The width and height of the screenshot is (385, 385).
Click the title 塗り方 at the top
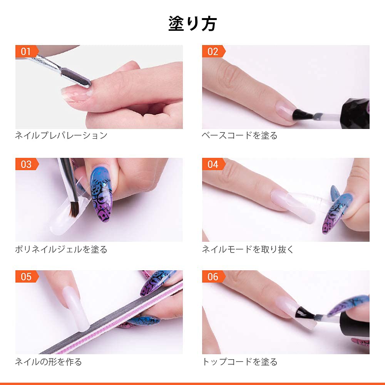[192, 24]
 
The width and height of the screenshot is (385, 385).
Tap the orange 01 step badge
[27, 51]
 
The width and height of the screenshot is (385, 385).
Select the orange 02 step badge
[213, 51]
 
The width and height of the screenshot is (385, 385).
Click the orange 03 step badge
[27, 164]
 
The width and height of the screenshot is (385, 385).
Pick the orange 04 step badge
[213, 164]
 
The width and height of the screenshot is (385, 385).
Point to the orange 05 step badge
[27, 276]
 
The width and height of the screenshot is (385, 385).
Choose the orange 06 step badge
[213, 276]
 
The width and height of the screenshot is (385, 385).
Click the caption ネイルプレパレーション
[61, 135]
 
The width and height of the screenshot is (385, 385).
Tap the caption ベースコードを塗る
[239, 135]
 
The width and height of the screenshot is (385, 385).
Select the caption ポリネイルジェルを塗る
[61, 249]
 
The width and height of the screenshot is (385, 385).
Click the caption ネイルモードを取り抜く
[248, 249]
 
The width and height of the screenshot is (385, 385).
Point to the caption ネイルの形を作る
[49, 362]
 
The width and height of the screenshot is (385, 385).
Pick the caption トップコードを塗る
[239, 362]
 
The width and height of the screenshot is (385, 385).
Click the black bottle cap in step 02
[357, 113]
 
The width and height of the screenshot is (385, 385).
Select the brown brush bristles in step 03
[74, 209]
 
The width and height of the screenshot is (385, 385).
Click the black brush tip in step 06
[304, 313]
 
